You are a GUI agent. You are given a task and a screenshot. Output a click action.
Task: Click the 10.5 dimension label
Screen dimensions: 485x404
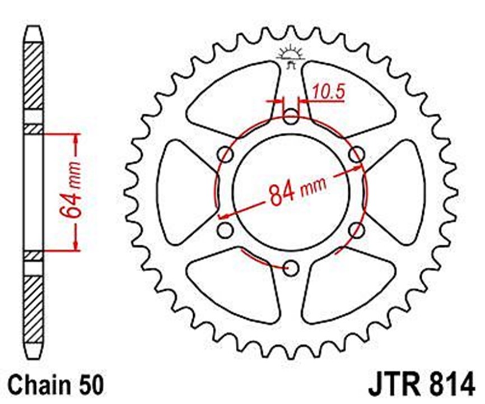[x=329, y=92]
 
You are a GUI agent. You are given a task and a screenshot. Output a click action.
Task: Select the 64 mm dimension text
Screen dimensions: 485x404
[x=70, y=190]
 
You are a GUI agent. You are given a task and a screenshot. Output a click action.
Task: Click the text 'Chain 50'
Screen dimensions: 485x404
[x=55, y=385]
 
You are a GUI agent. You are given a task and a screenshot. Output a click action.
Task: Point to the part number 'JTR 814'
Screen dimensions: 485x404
[x=422, y=385]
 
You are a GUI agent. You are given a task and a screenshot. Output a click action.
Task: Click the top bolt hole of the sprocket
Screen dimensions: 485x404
[x=291, y=117]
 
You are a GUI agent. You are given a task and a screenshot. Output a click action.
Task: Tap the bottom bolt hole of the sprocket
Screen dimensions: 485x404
[x=291, y=268]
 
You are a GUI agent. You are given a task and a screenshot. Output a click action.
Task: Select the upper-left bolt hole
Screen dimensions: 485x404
[x=226, y=154]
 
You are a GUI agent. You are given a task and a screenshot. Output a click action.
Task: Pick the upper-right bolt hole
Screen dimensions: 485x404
[x=357, y=154]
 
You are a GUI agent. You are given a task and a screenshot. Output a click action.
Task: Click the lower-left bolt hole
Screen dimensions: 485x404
[x=225, y=230]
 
